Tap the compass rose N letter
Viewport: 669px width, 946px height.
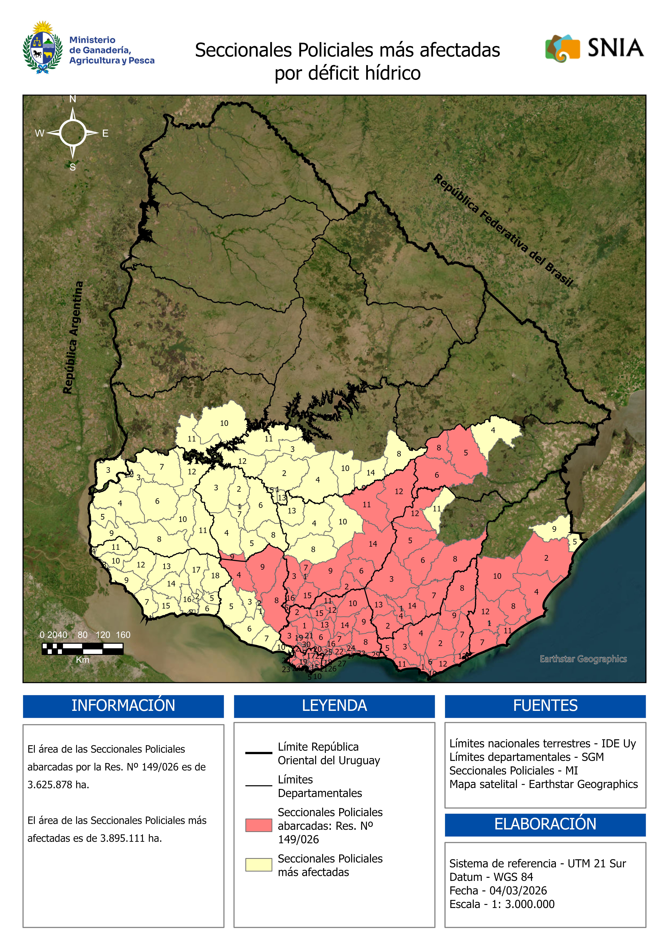[x=73, y=99]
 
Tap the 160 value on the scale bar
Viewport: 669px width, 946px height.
[x=123, y=635]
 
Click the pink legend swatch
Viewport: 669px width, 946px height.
[x=259, y=825]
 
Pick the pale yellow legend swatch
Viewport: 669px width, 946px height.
[x=259, y=865]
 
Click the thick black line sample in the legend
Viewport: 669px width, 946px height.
[x=259, y=753]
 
